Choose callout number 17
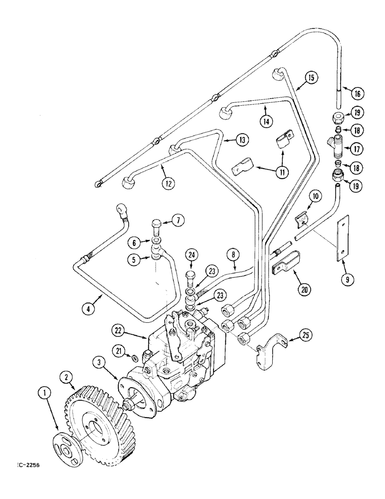pos(357,149)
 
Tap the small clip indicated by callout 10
pos(303,218)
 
